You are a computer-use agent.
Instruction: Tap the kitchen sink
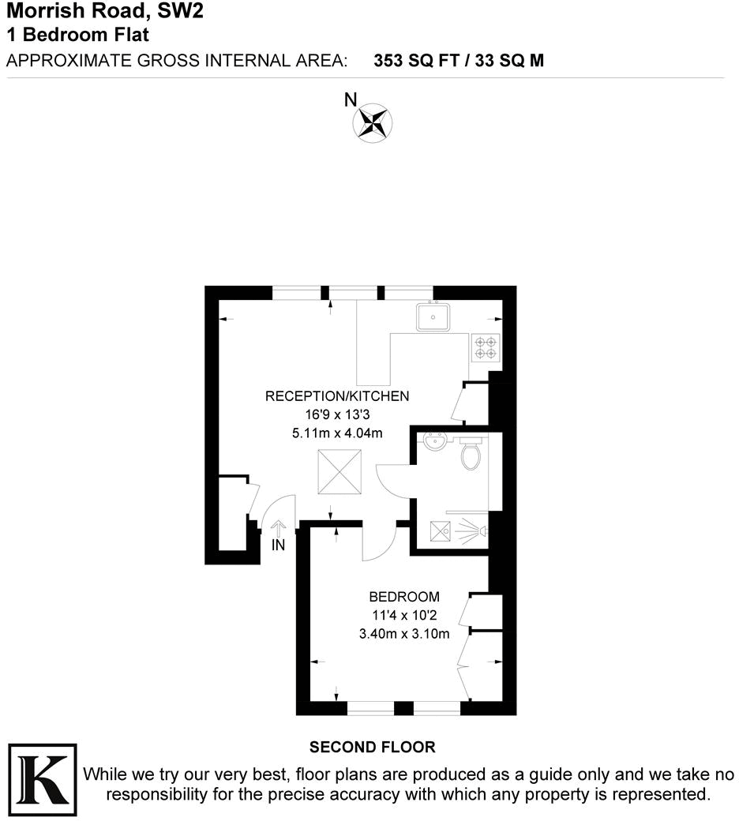(x=433, y=317)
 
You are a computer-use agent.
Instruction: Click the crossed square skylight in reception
(x=339, y=472)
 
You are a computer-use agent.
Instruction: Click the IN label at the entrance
(x=278, y=545)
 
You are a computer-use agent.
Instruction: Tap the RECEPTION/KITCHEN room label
(x=337, y=396)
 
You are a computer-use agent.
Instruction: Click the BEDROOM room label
(x=404, y=597)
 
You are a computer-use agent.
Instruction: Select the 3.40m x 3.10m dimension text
(x=404, y=633)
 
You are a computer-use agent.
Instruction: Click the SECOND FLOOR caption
(x=372, y=747)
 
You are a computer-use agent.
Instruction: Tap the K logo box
(x=42, y=778)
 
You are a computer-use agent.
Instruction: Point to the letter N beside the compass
(x=351, y=99)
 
